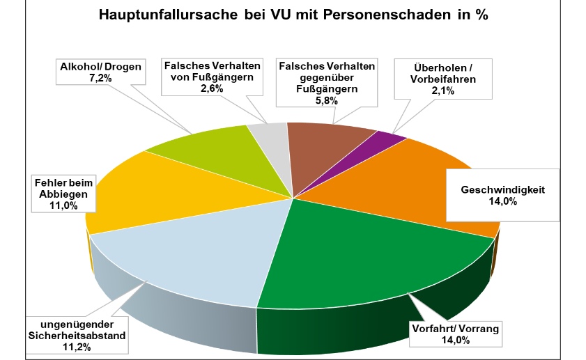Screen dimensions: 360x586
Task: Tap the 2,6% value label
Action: click(x=212, y=88)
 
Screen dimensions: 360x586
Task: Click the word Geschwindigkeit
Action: click(x=501, y=189)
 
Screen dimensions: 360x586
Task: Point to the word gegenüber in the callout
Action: click(x=326, y=77)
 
